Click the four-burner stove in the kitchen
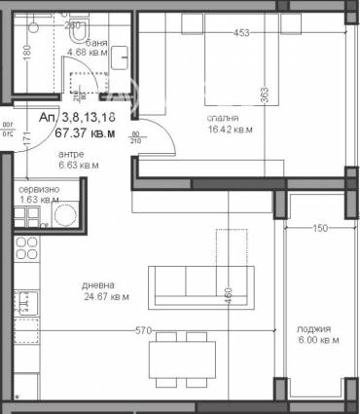tap(25, 247)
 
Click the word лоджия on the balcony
tap(316, 329)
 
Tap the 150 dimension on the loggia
tap(320, 229)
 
